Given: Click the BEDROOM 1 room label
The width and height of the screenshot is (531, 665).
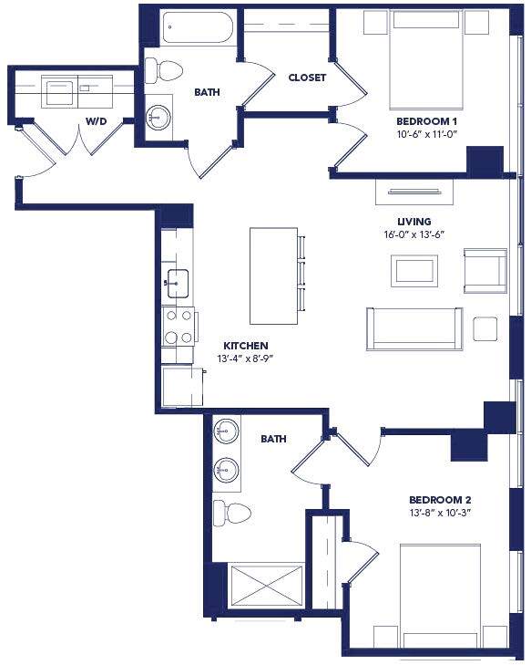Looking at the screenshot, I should click(426, 120).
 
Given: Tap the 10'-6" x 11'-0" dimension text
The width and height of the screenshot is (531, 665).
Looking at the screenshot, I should click(426, 134).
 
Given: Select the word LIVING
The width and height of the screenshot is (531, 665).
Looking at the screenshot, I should click(414, 222).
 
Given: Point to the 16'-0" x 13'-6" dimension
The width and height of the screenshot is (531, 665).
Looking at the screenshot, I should click(414, 235).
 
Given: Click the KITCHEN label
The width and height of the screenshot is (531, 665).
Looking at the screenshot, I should click(246, 346).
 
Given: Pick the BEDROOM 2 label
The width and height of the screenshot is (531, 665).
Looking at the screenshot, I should click(439, 499).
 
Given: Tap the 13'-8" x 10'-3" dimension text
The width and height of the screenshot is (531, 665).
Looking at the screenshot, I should click(439, 513).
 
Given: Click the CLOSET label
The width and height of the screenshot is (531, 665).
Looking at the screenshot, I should click(306, 78).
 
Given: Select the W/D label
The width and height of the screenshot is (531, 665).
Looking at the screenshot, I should click(95, 120).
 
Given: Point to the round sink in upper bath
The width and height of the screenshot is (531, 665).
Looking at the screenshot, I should click(160, 117).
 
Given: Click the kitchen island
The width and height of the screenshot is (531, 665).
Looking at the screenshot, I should click(273, 275).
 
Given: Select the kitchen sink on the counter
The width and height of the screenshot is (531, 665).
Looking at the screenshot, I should click(178, 283).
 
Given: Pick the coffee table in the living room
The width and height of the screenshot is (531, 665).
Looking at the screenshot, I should click(414, 270).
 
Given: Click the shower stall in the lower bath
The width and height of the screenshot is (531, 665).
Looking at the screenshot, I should click(266, 584).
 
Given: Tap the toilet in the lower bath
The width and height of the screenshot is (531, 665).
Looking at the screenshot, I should click(233, 512).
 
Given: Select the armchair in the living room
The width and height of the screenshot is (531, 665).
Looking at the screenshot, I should click(485, 270).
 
